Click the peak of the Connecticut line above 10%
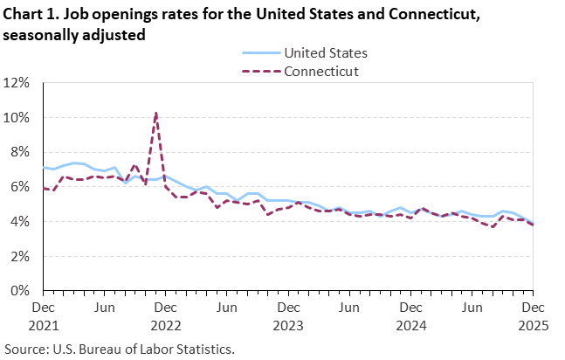coord(155,113)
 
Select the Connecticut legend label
coord(321,71)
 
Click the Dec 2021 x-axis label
coord(44,315)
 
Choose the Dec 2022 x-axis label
coord(165,315)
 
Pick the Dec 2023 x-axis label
coord(287,315)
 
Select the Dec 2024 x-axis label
coord(409,315)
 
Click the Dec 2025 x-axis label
coord(530,315)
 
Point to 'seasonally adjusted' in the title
coord(73,34)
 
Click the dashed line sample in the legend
coord(259,71)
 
